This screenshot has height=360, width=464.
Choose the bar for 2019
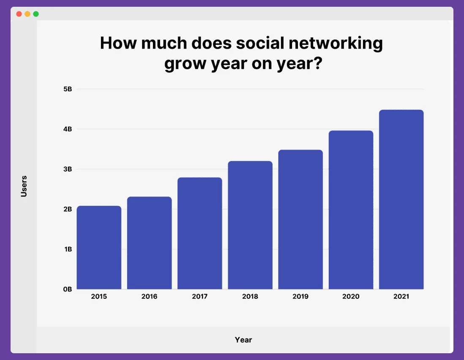pyautogui.click(x=300, y=219)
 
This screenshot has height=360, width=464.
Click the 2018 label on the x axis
pyautogui.click(x=250, y=297)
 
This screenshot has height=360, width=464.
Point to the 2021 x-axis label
pyautogui.click(x=401, y=297)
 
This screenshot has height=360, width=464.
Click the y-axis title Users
pyautogui.click(x=24, y=186)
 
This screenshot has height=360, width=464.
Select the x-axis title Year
pyautogui.click(x=243, y=340)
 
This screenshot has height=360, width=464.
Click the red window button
pyautogui.click(x=19, y=14)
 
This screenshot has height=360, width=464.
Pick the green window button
pyautogui.click(x=36, y=14)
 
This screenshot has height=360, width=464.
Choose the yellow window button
pyautogui.click(x=27, y=14)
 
